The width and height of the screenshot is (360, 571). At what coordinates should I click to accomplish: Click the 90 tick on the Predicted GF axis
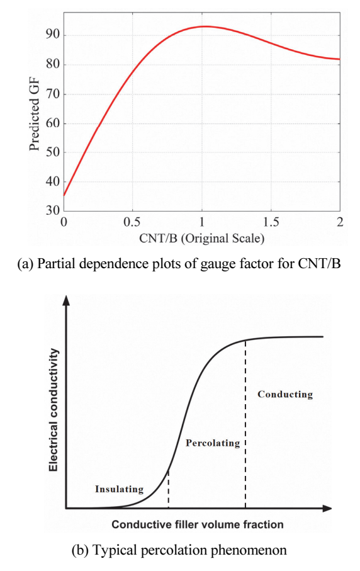[52, 35]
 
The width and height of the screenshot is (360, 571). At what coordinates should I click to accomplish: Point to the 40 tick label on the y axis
[52, 181]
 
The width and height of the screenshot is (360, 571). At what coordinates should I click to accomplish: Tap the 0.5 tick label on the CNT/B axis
[132, 222]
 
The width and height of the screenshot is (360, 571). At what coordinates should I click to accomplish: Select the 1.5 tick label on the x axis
[271, 222]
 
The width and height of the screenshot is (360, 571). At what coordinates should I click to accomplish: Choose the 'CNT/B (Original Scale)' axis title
[201, 238]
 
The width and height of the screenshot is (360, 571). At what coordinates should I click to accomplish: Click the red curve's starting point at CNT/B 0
[64, 195]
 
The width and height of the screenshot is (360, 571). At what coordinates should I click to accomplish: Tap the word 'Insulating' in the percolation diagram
[119, 489]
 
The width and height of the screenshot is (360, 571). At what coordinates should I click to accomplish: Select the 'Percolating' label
[213, 443]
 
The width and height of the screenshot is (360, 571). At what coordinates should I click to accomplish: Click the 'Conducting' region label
[285, 394]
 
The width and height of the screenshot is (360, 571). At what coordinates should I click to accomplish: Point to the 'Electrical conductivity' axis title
[53, 410]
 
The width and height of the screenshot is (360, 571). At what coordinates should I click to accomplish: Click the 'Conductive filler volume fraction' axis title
[197, 524]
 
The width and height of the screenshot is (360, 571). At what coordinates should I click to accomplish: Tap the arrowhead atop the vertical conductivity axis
[66, 300]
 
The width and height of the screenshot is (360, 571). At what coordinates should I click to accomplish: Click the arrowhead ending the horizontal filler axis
[327, 508]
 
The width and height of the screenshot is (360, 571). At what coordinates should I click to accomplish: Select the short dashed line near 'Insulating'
[168, 489]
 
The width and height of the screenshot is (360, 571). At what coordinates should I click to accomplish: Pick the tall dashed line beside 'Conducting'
[245, 424]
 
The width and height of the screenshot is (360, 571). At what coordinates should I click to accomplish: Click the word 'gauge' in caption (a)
[217, 264]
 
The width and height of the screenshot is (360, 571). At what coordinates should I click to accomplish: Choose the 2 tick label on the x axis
[340, 222]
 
